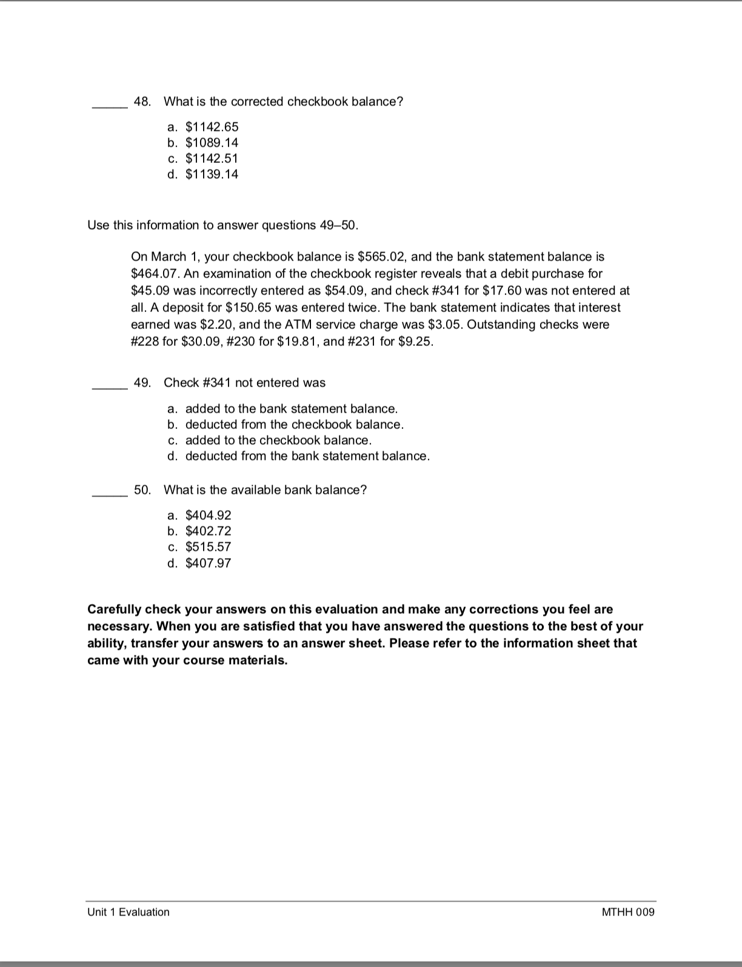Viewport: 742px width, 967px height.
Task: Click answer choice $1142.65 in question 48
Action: [x=212, y=127]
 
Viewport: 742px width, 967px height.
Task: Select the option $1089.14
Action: [x=212, y=142]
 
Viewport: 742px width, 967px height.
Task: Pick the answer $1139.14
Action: [x=212, y=174]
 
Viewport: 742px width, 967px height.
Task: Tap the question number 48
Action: [x=142, y=101]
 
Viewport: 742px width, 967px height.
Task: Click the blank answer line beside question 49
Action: [x=109, y=388]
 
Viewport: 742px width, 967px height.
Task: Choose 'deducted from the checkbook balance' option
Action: [x=294, y=424]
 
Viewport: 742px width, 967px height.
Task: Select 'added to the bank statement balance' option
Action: [x=291, y=408]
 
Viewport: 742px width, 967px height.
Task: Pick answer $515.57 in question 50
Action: [x=208, y=547]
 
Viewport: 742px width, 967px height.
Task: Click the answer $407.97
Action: [x=208, y=563]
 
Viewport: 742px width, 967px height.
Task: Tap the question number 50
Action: [x=142, y=490]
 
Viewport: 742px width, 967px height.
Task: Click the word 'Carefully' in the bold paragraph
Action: [x=114, y=609]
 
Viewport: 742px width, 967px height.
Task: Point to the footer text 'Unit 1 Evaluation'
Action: [x=129, y=912]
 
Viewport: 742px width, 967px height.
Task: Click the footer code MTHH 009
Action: [x=628, y=912]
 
